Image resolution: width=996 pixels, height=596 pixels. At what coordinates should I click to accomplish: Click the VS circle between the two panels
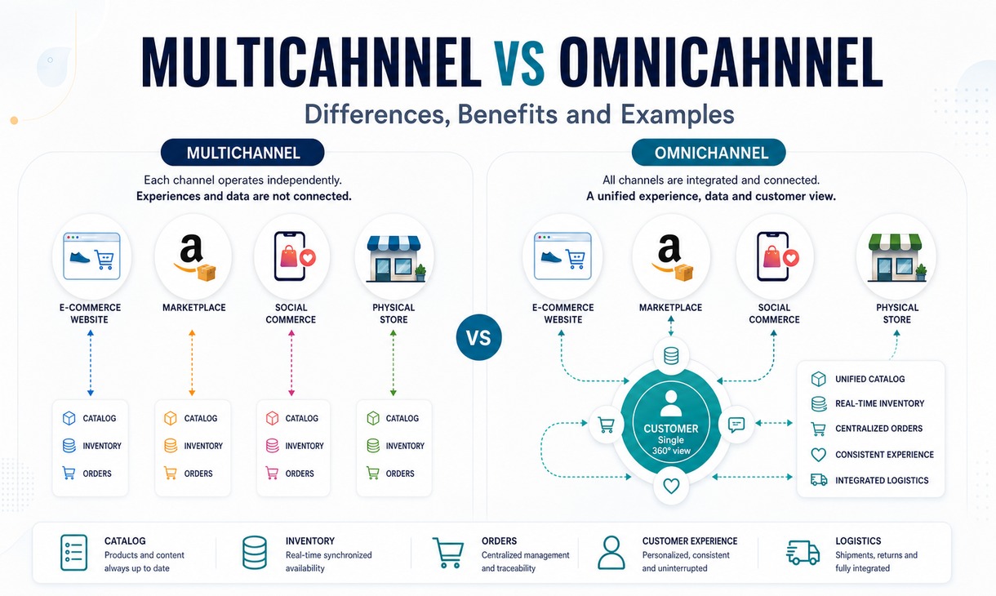coord(479,337)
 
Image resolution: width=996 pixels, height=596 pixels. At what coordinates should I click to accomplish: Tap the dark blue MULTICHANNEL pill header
coord(242,153)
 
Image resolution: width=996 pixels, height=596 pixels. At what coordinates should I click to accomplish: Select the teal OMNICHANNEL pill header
coord(709,153)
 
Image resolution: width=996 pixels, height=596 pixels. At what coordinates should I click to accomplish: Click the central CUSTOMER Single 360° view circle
coord(671,422)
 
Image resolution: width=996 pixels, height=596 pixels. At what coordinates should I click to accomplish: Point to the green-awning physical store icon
coord(895,257)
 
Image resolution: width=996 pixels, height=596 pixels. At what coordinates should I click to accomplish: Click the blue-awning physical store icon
coord(394,259)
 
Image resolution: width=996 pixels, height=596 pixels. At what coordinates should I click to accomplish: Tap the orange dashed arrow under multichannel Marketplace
coord(192,363)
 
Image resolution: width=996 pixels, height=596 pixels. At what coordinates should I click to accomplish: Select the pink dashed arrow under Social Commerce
coord(291,363)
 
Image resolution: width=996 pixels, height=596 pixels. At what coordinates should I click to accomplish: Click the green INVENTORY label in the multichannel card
coord(405,446)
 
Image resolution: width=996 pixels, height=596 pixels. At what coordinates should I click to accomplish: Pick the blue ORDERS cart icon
coord(69,473)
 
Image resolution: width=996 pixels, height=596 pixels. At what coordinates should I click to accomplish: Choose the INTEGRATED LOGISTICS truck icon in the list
coord(819,479)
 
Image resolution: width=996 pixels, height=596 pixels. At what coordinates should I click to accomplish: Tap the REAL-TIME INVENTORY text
coord(879,403)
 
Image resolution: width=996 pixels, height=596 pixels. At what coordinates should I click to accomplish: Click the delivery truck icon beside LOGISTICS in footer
coord(803,553)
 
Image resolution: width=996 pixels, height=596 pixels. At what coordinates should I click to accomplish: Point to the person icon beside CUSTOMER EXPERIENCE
coord(611,553)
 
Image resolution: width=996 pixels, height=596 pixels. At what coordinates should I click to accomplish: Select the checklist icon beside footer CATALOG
coord(73,553)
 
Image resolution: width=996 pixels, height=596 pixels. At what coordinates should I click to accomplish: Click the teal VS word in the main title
coord(519,63)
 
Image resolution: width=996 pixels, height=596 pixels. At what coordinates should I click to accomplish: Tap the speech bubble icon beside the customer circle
coord(736,425)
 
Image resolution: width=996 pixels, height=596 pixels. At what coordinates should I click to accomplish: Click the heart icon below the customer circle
coord(671,486)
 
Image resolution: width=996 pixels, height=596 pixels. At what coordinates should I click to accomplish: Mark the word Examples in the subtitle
coord(677,114)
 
